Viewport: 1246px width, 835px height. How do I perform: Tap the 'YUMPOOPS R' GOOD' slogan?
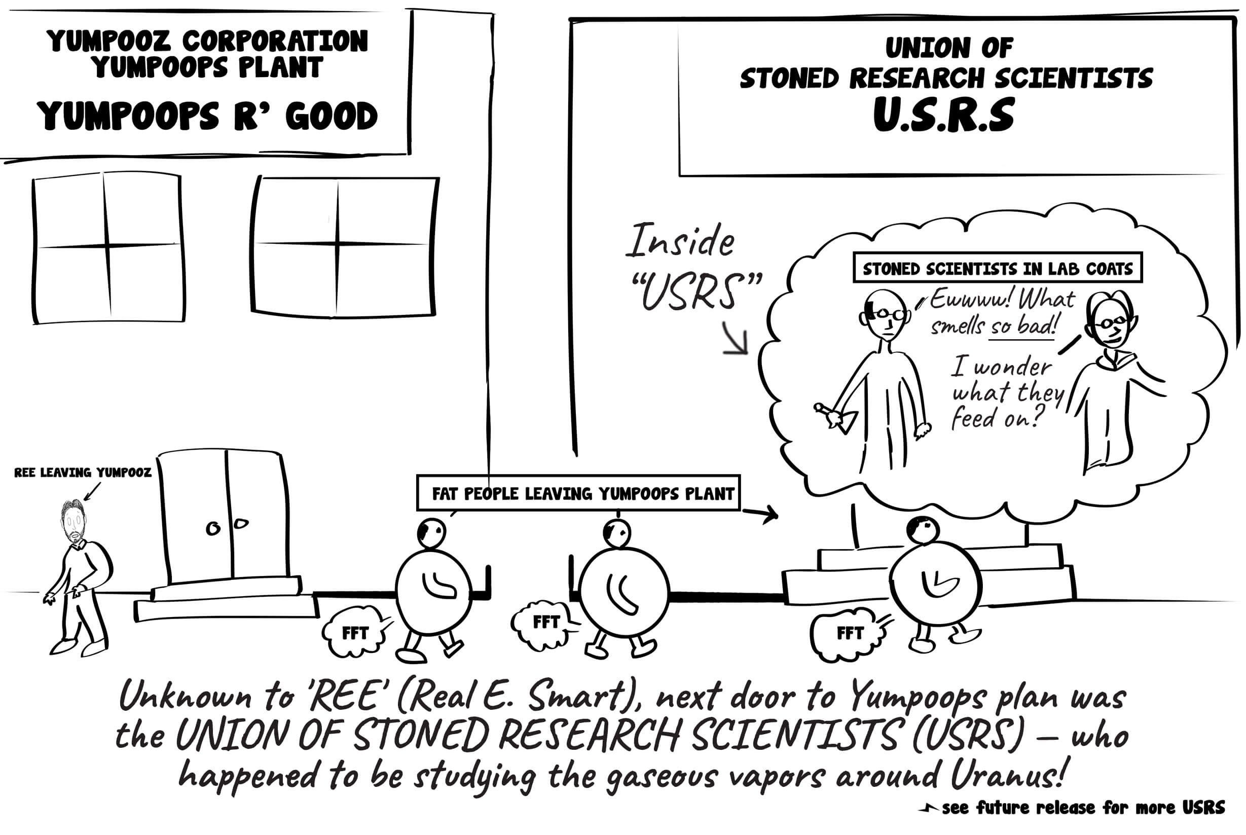point(207,116)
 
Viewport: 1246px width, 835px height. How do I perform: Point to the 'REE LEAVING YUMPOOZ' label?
point(83,473)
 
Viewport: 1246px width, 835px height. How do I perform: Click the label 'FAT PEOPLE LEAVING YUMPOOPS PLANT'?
point(582,494)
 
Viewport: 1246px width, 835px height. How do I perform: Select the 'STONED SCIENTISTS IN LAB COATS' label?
point(997,268)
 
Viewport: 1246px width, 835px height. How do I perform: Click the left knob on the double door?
point(213,529)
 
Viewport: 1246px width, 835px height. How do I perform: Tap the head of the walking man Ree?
point(74,519)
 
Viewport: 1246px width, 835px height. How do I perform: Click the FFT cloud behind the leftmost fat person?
point(355,633)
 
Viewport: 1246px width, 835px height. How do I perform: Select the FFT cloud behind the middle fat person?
point(545,623)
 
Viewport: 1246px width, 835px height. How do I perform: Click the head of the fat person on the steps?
point(922,530)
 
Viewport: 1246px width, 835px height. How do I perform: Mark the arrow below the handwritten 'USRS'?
point(737,340)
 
